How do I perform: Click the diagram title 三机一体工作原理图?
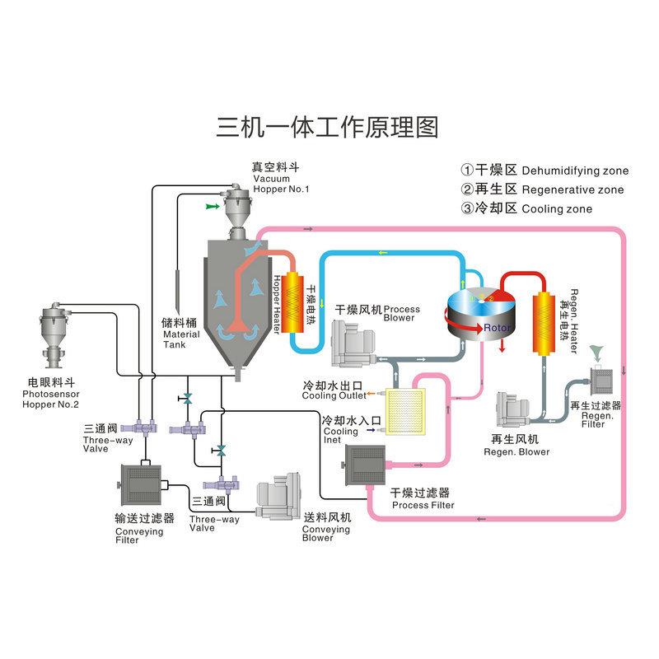coord(327,128)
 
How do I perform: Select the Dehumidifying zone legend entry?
coord(544,171)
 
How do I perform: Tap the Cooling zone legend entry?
coord(527,209)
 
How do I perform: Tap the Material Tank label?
coord(180,334)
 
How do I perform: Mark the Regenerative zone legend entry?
coord(542,189)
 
